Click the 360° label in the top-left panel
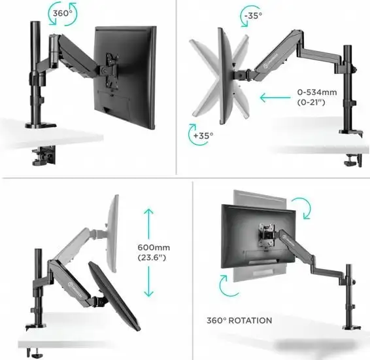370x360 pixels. [62, 13]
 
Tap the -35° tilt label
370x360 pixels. [253, 16]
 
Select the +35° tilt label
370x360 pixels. [203, 135]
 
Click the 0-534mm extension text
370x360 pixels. [317, 92]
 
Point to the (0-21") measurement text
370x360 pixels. [311, 102]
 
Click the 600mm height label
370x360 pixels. [154, 247]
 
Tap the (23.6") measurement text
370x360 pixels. [152, 257]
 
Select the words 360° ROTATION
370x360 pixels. [239, 321]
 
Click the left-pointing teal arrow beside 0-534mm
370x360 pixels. [275, 98]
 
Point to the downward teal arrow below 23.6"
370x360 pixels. [148, 281]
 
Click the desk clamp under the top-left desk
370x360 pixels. [43, 155]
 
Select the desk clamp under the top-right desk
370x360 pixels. [352, 160]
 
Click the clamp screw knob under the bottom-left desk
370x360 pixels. [36, 355]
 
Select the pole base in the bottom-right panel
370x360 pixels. [352, 328]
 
